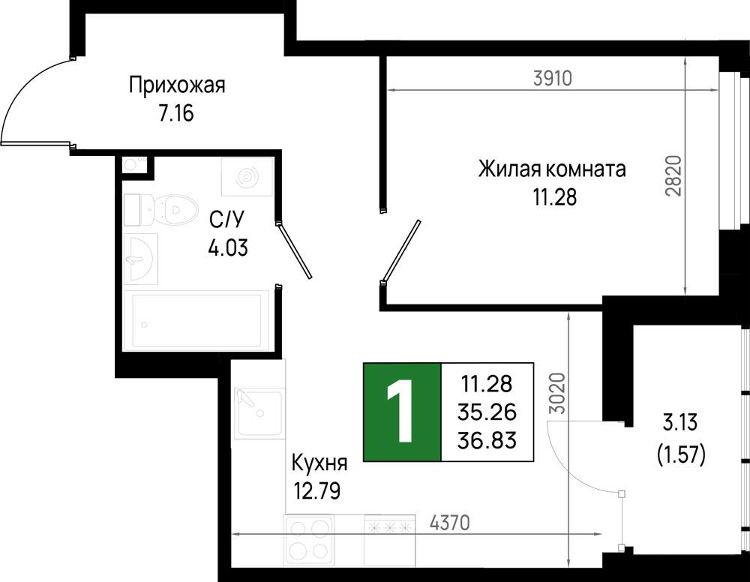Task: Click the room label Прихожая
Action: [x=177, y=86]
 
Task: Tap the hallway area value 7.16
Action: [x=176, y=114]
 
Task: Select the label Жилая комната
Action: [x=552, y=169]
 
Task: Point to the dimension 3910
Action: [x=553, y=77]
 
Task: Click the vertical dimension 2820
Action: [x=673, y=175]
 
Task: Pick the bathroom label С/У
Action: [x=226, y=220]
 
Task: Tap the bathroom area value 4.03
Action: [x=228, y=247]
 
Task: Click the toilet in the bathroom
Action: [x=161, y=209]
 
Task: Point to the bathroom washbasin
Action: [x=141, y=259]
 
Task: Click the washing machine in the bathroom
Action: [x=247, y=176]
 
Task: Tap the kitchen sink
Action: [x=258, y=413]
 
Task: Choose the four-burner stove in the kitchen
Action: [x=308, y=541]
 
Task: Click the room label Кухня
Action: [x=319, y=463]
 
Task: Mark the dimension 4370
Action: [x=449, y=523]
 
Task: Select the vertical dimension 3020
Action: [x=557, y=393]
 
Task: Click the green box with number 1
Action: [x=402, y=412]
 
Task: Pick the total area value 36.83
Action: [x=487, y=440]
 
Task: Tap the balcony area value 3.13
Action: [x=680, y=423]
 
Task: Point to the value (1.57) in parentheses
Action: [x=681, y=453]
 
